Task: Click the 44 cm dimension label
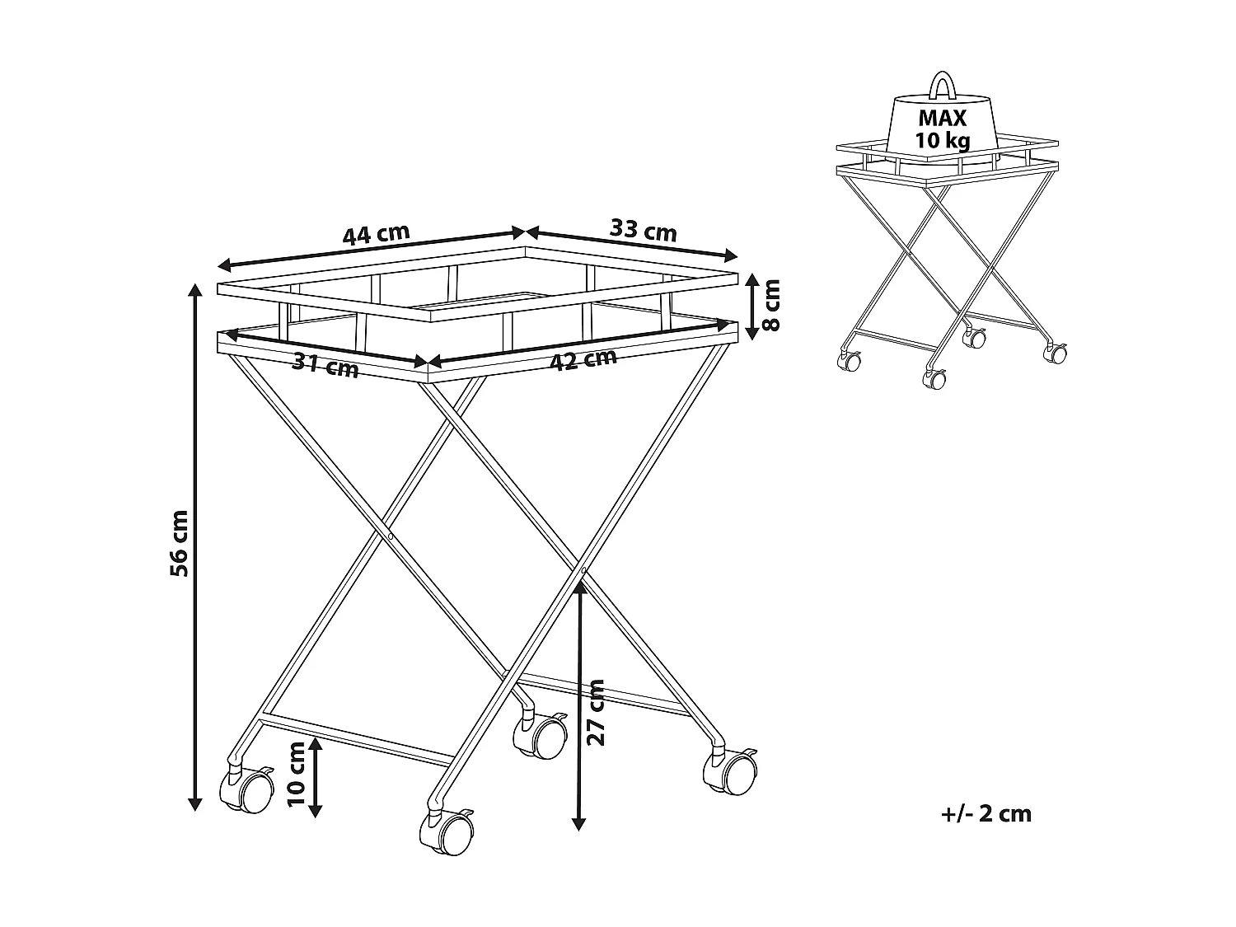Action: [376, 235]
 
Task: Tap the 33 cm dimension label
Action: [643, 230]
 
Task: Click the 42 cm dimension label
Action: [583, 361]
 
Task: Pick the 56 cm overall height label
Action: [179, 543]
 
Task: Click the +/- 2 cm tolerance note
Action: [986, 814]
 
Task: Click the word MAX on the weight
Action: [943, 118]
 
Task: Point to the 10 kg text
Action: [943, 140]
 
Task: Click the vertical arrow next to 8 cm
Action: [751, 307]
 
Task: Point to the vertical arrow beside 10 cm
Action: [316, 779]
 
